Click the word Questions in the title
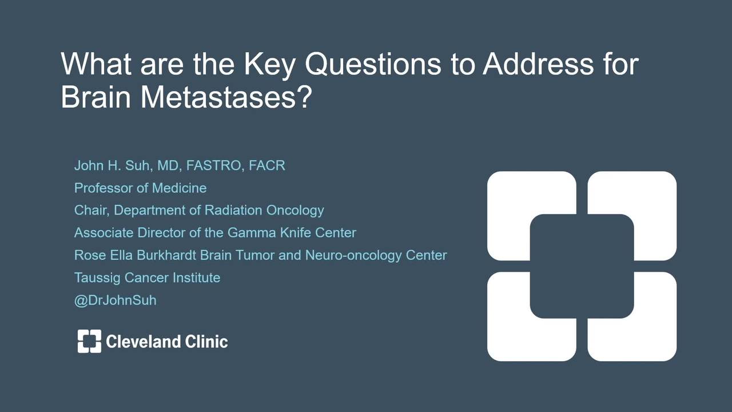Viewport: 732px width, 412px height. [x=373, y=64]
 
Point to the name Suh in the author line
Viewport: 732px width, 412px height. [x=137, y=165]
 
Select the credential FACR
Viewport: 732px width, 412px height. [x=267, y=165]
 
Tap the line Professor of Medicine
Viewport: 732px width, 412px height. [x=141, y=188]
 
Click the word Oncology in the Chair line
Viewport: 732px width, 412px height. [x=295, y=211]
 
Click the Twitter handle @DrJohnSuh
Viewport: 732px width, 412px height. [x=116, y=300]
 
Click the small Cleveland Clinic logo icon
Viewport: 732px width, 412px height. [x=89, y=341]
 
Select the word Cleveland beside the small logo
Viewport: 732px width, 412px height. [x=143, y=342]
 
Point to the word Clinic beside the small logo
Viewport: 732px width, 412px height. [x=206, y=342]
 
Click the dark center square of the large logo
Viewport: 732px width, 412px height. [x=582, y=266]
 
